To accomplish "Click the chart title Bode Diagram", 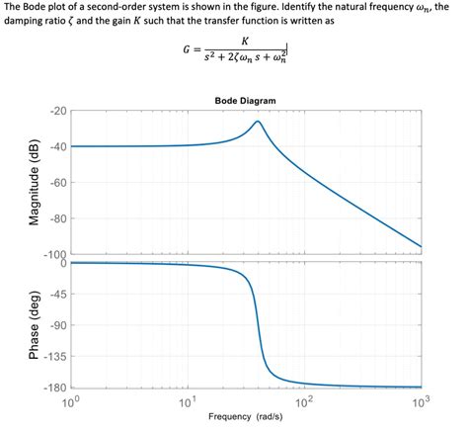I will (245, 101).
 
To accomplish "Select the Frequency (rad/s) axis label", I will (245, 416).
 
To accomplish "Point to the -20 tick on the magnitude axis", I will (55, 111).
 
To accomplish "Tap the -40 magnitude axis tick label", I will (55, 146).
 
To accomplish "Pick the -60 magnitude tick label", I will (55, 183).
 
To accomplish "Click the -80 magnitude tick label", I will (55, 218).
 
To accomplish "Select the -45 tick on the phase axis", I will (57, 295).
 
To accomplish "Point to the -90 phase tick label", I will (57, 326).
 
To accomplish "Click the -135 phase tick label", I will (54, 357).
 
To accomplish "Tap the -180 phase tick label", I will (54, 388).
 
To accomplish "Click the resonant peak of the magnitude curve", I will (258, 122).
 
